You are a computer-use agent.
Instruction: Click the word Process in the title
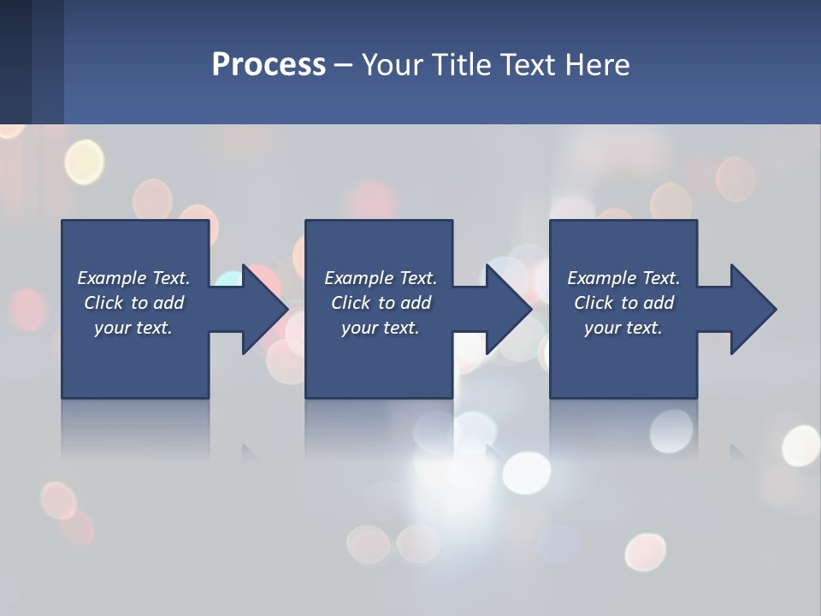269,65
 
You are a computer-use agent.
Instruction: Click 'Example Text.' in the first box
133,278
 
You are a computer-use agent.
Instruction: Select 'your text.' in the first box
133,328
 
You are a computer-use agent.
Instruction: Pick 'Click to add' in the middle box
381,303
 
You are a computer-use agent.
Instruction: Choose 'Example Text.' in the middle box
381,278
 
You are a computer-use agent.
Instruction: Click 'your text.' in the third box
623,328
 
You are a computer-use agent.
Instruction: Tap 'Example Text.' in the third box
623,278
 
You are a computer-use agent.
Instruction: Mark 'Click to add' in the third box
623,303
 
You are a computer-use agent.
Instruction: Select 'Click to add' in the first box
133,303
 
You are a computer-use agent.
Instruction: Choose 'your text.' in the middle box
381,328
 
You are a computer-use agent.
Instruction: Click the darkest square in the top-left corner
15,60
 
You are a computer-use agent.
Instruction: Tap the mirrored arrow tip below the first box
251,451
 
